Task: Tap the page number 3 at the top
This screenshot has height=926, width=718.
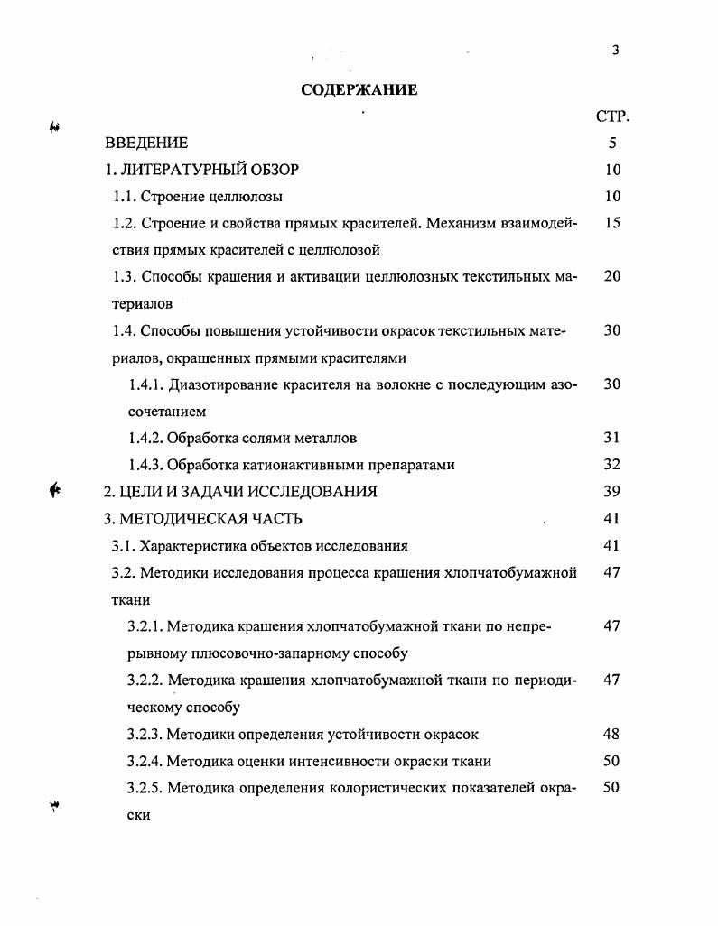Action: pyautogui.click(x=615, y=51)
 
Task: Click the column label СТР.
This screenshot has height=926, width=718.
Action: pyautogui.click(x=612, y=116)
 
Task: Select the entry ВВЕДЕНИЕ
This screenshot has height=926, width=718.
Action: pyautogui.click(x=146, y=143)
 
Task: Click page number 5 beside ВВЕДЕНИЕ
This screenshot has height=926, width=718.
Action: pyautogui.click(x=612, y=143)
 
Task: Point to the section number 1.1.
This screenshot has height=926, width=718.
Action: pyautogui.click(x=126, y=196)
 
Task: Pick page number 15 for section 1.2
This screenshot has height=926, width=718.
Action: pyautogui.click(x=612, y=223)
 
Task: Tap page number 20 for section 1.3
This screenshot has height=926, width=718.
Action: pyautogui.click(x=612, y=276)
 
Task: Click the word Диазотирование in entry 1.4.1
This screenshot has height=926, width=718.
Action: pyautogui.click(x=228, y=384)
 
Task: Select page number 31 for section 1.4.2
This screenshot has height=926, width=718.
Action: pyautogui.click(x=612, y=439)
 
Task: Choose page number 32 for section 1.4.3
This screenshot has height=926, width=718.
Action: pyautogui.click(x=612, y=466)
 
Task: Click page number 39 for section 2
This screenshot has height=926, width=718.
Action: pyautogui.click(x=612, y=492)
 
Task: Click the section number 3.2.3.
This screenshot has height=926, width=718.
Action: pyautogui.click(x=145, y=734)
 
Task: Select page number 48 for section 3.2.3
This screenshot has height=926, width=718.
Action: pyautogui.click(x=612, y=734)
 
